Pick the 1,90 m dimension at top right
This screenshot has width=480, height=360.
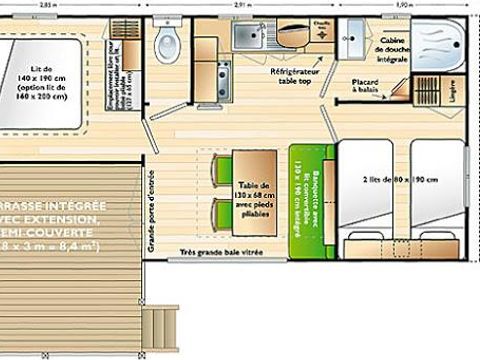tap(404, 5)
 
